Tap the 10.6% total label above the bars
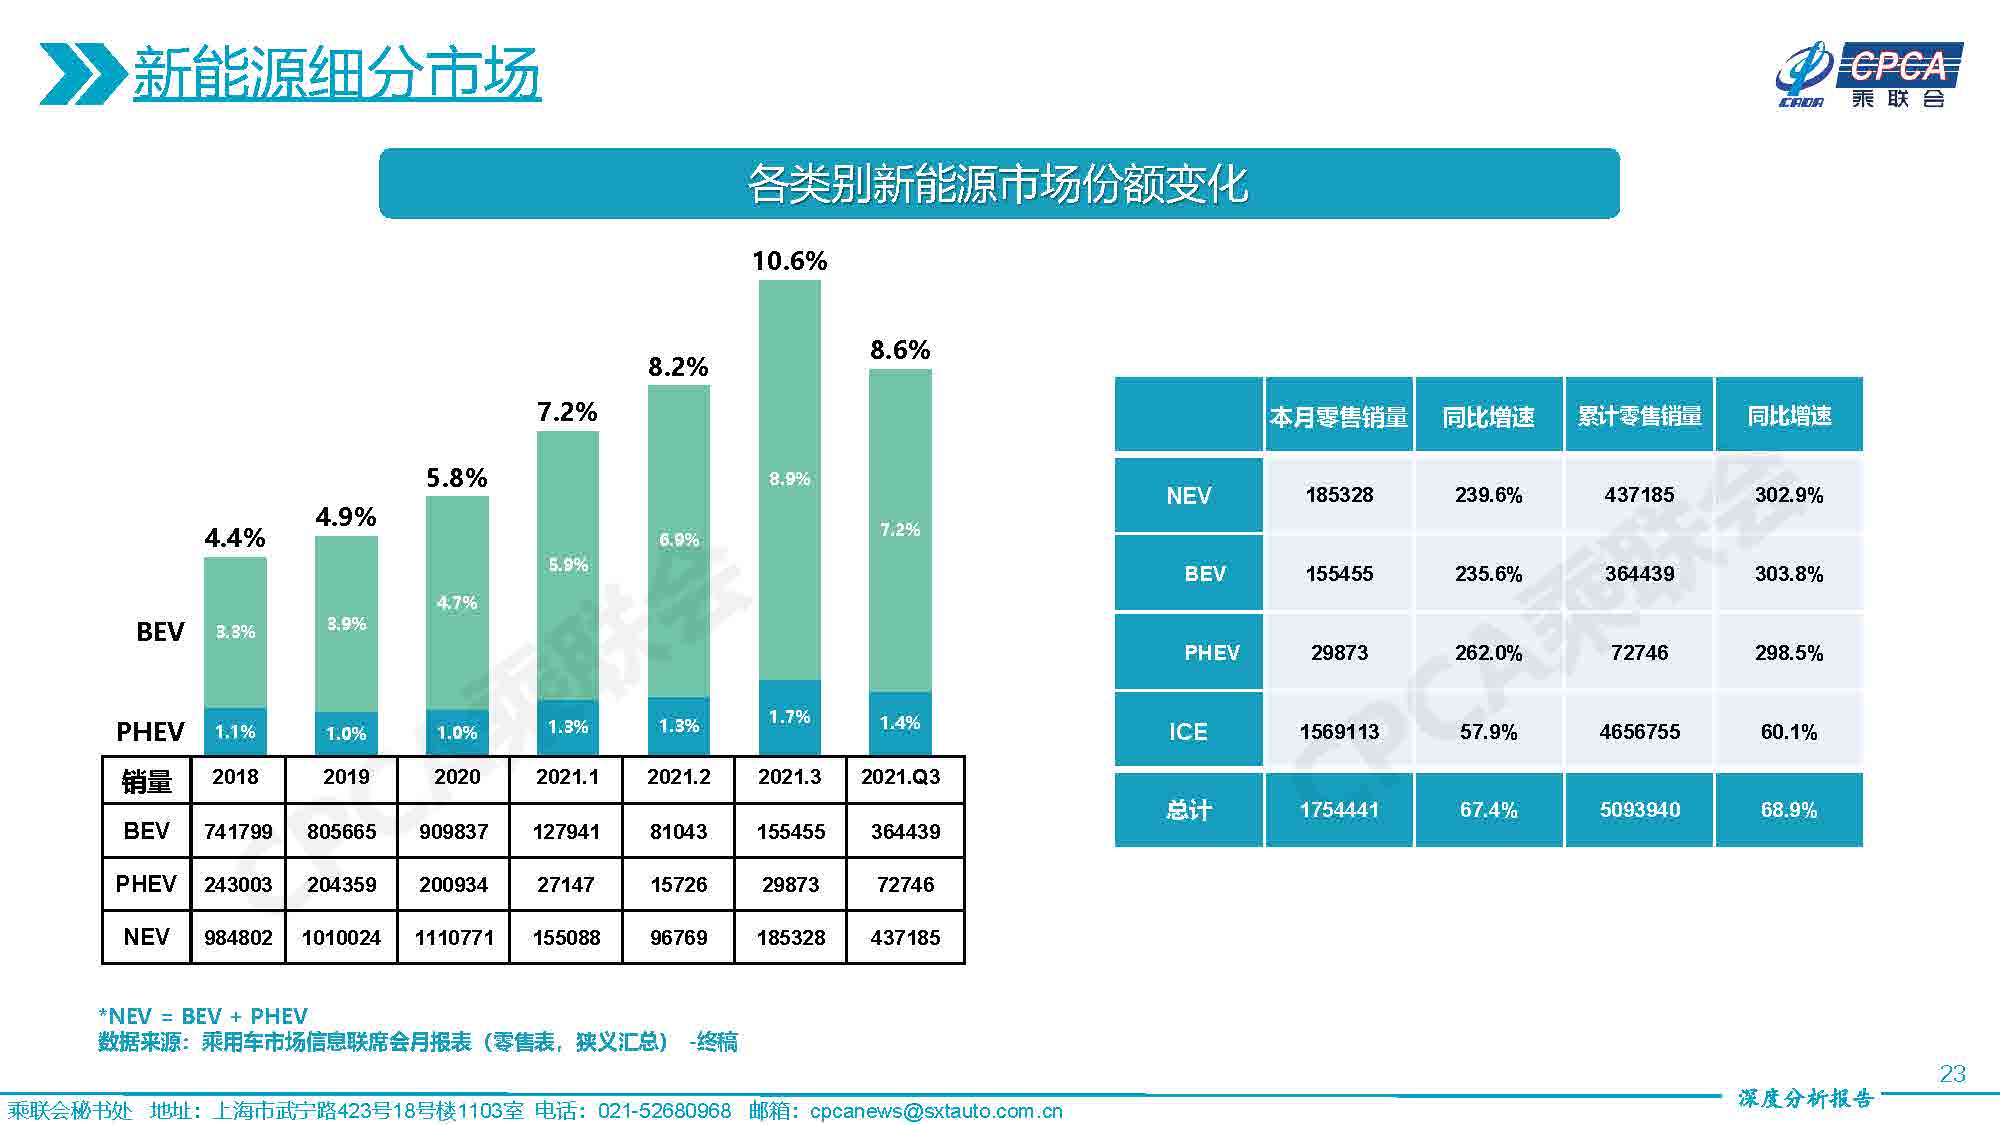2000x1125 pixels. tap(789, 261)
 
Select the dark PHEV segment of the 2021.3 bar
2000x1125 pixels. tap(789, 717)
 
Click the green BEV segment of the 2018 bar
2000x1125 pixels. tap(235, 632)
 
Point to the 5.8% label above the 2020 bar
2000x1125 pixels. tap(456, 478)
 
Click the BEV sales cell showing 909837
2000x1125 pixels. tap(453, 831)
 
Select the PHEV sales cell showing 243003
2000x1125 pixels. tap(238, 884)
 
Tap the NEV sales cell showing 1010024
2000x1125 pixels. tap(341, 937)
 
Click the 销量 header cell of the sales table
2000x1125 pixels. tap(146, 780)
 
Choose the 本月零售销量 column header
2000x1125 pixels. tap(1338, 416)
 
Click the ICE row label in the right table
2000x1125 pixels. tap(1188, 731)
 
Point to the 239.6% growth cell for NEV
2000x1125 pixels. tap(1488, 495)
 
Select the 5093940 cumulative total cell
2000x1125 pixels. tap(1639, 810)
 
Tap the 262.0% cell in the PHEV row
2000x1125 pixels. tap(1488, 653)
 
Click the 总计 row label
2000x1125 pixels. tap(1188, 810)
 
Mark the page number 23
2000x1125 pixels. tap(1952, 1074)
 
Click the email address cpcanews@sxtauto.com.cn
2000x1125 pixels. tap(935, 1111)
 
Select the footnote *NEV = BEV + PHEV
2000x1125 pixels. tap(203, 1016)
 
